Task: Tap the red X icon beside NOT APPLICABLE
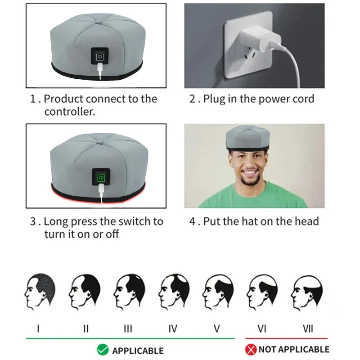click(x=251, y=349)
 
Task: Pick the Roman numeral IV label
click(x=172, y=329)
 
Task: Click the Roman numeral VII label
click(x=308, y=329)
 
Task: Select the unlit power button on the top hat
click(x=99, y=57)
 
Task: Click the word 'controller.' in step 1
click(x=70, y=112)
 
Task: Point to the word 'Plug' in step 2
click(x=214, y=99)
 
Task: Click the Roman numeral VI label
click(x=262, y=329)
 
